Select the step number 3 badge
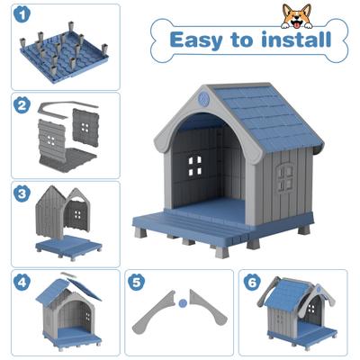point(20,193)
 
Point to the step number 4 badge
point(20,281)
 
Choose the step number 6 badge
point(252,281)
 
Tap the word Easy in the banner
point(199,40)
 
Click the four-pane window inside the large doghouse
point(194,166)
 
